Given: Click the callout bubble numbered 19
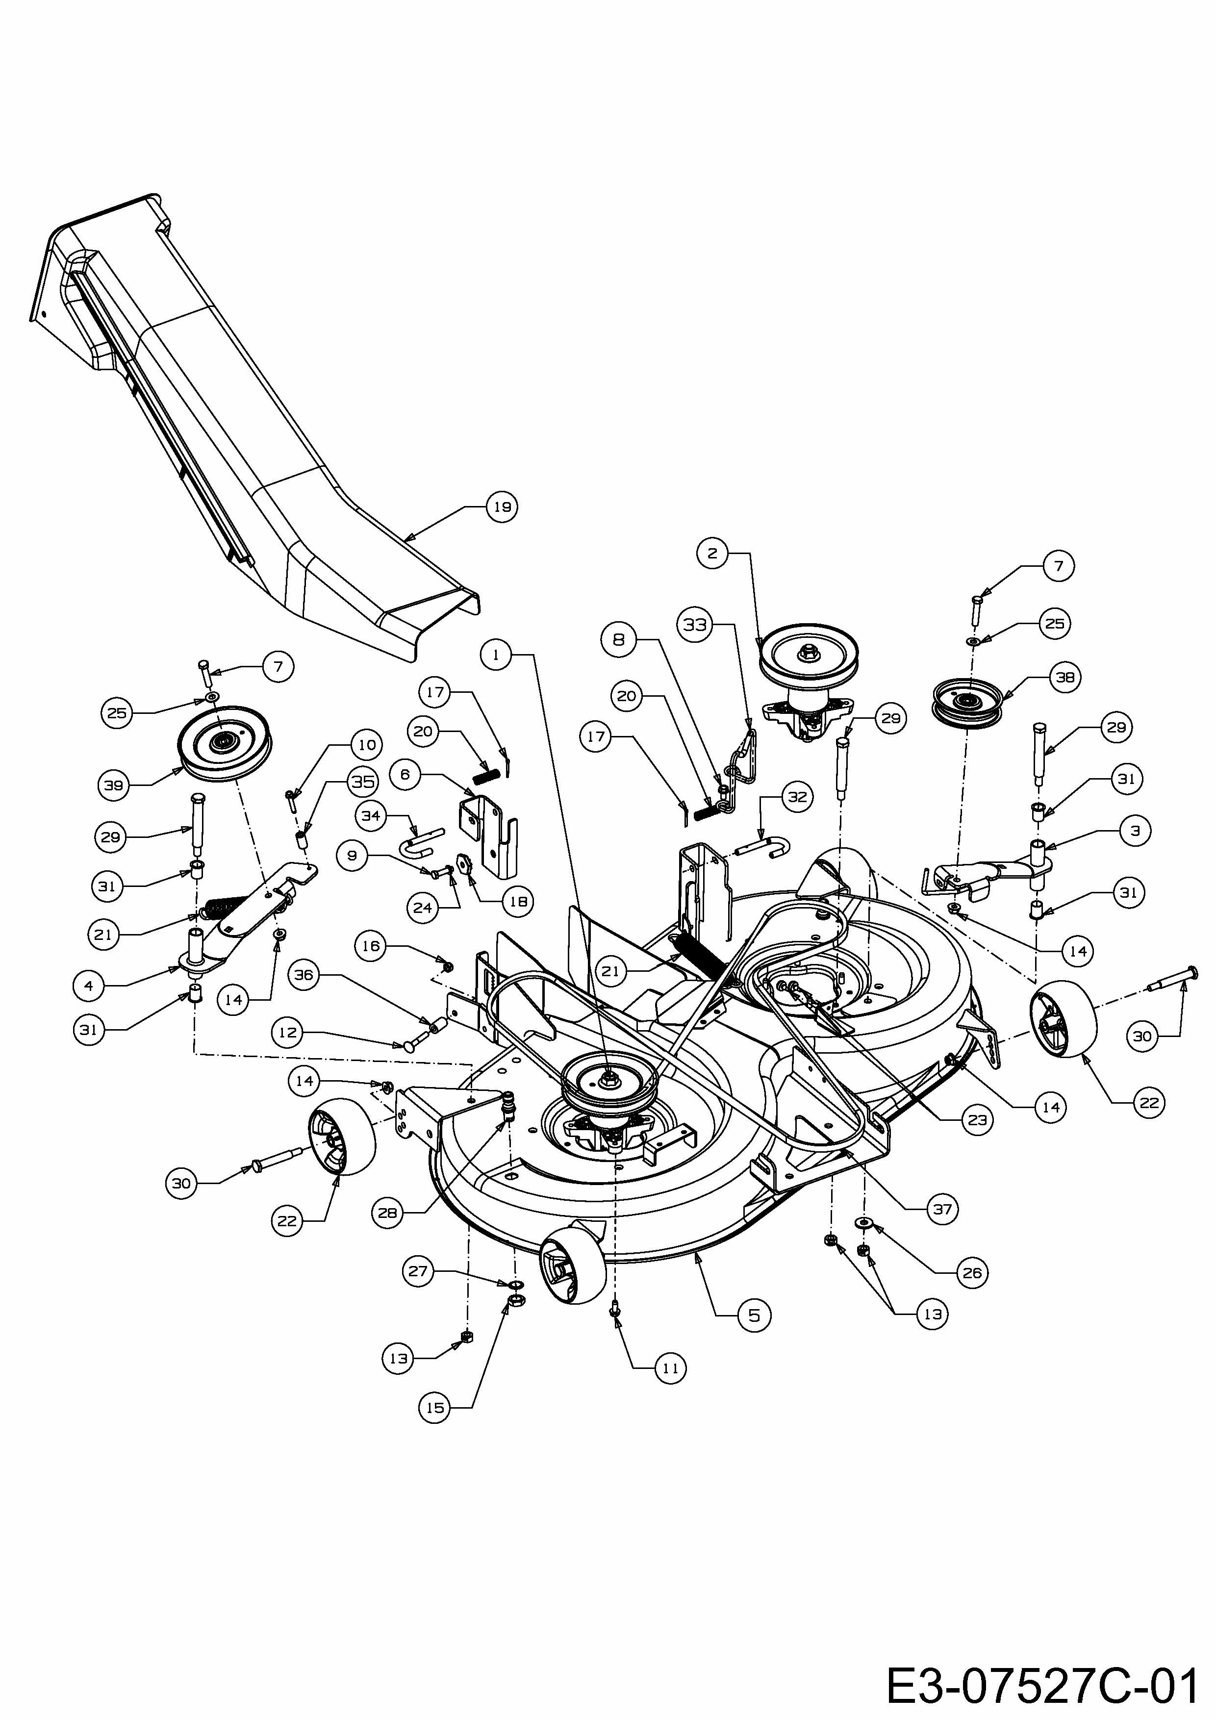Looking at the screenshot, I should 502,507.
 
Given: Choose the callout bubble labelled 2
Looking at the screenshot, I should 712,554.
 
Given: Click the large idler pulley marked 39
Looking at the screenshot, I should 225,742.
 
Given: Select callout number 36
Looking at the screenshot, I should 305,975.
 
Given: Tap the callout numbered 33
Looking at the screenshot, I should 695,624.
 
